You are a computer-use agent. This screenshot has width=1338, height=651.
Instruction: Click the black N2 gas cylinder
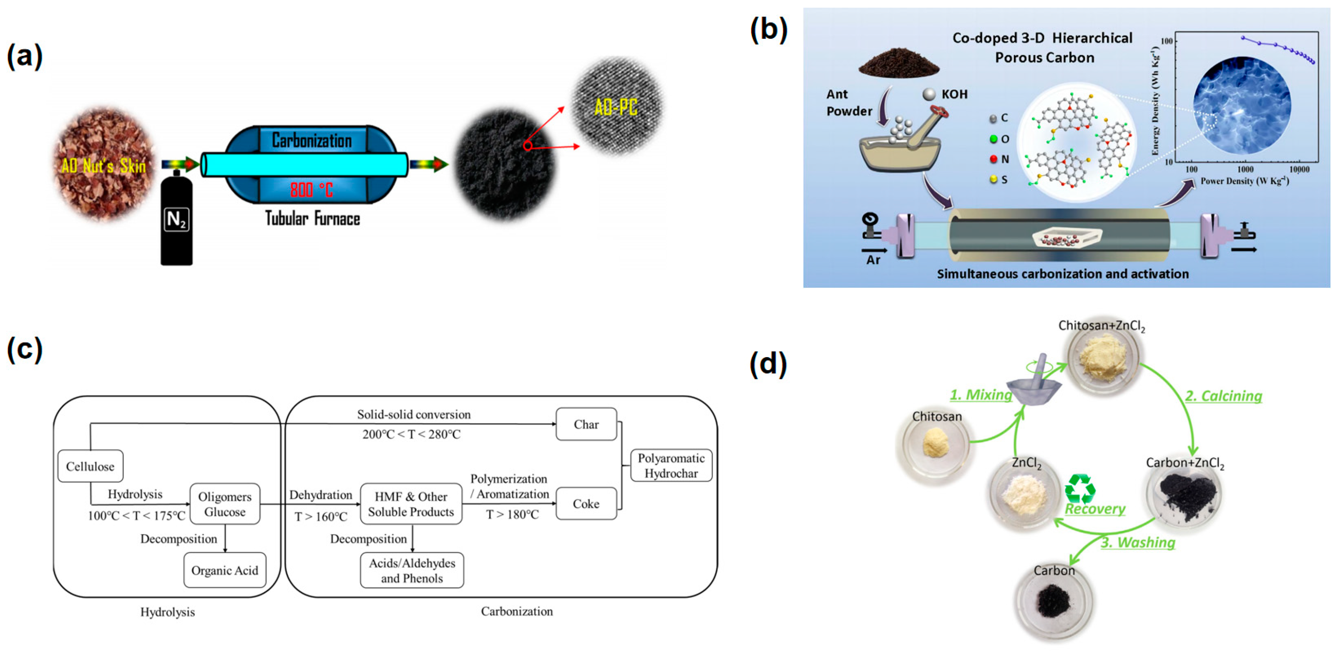[176, 218]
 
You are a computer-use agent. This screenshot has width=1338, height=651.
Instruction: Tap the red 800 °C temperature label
[311, 189]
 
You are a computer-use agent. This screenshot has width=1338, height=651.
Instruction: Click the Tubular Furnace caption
[313, 218]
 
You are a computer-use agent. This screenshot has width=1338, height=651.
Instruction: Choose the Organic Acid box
[225, 570]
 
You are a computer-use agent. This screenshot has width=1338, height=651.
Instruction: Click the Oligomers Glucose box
[225, 504]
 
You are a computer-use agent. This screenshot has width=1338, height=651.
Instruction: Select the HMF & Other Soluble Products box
[411, 504]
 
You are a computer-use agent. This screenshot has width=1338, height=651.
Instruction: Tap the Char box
[586, 424]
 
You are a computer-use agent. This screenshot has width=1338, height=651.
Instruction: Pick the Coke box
[586, 503]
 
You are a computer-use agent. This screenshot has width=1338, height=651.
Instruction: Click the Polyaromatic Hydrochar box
[671, 466]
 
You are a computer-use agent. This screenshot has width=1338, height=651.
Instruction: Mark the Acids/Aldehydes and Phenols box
[412, 570]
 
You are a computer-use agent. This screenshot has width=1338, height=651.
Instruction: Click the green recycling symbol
[1080, 488]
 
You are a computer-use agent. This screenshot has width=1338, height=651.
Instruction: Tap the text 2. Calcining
[1223, 396]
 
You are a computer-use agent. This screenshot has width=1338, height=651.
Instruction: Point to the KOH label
[955, 94]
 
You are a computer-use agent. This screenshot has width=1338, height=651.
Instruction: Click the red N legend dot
[993, 159]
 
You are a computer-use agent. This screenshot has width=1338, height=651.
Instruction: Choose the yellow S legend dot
[993, 179]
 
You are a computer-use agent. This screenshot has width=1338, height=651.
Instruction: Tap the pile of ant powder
[898, 61]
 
